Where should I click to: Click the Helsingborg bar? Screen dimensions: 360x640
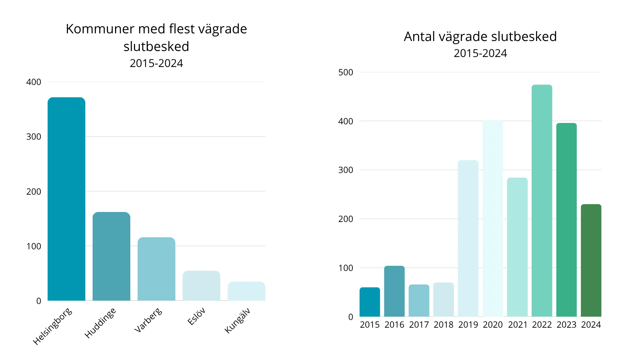coord(66,200)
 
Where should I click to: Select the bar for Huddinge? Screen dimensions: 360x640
coord(111,257)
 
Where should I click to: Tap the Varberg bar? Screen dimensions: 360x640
coord(156,269)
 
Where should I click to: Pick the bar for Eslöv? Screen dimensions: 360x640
coord(201,286)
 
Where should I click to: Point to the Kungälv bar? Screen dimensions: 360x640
coord(246,291)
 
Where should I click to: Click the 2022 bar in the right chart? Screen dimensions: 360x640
coord(542,200)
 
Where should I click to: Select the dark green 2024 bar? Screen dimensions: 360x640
coord(591,260)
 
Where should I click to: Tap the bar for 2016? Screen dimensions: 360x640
coord(394,291)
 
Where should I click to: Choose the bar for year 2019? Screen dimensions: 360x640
coord(468,238)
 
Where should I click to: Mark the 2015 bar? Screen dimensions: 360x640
coord(370,302)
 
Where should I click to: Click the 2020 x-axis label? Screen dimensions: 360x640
coord(493,325)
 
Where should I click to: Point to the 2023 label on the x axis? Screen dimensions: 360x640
coord(566,325)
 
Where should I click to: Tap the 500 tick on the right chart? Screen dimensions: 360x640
coord(346,72)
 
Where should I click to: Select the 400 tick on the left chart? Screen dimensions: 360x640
coord(34,82)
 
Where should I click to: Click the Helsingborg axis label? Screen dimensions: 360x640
coord(53,326)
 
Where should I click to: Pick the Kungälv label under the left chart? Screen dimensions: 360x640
coord(237,321)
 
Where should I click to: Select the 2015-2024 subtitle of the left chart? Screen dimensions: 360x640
coord(156,63)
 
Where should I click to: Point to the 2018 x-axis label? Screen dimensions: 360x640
coord(443,325)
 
